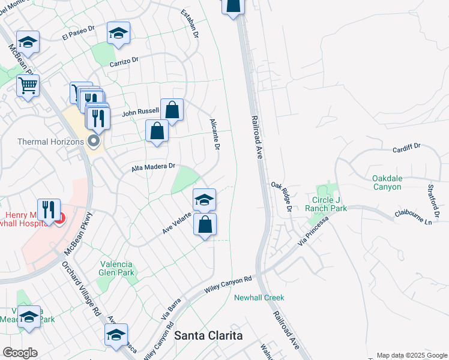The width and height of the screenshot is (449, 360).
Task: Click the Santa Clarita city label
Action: (x=208, y=335)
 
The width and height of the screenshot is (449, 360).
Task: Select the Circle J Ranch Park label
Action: (x=331, y=203)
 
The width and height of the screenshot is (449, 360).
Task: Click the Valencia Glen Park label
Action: (x=118, y=268)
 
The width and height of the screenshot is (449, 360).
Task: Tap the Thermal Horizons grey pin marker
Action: (x=93, y=142)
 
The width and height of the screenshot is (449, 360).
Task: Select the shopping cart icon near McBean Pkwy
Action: (x=28, y=86)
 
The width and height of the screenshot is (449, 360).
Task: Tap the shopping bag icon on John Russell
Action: (x=172, y=110)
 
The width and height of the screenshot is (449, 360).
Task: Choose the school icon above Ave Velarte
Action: (x=204, y=199)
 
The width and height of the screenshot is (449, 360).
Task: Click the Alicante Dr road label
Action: (x=215, y=134)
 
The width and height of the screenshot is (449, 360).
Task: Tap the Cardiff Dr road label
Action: (x=408, y=148)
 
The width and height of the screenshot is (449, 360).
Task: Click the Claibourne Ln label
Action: (x=413, y=217)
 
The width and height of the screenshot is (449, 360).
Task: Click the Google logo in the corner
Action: (x=19, y=353)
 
